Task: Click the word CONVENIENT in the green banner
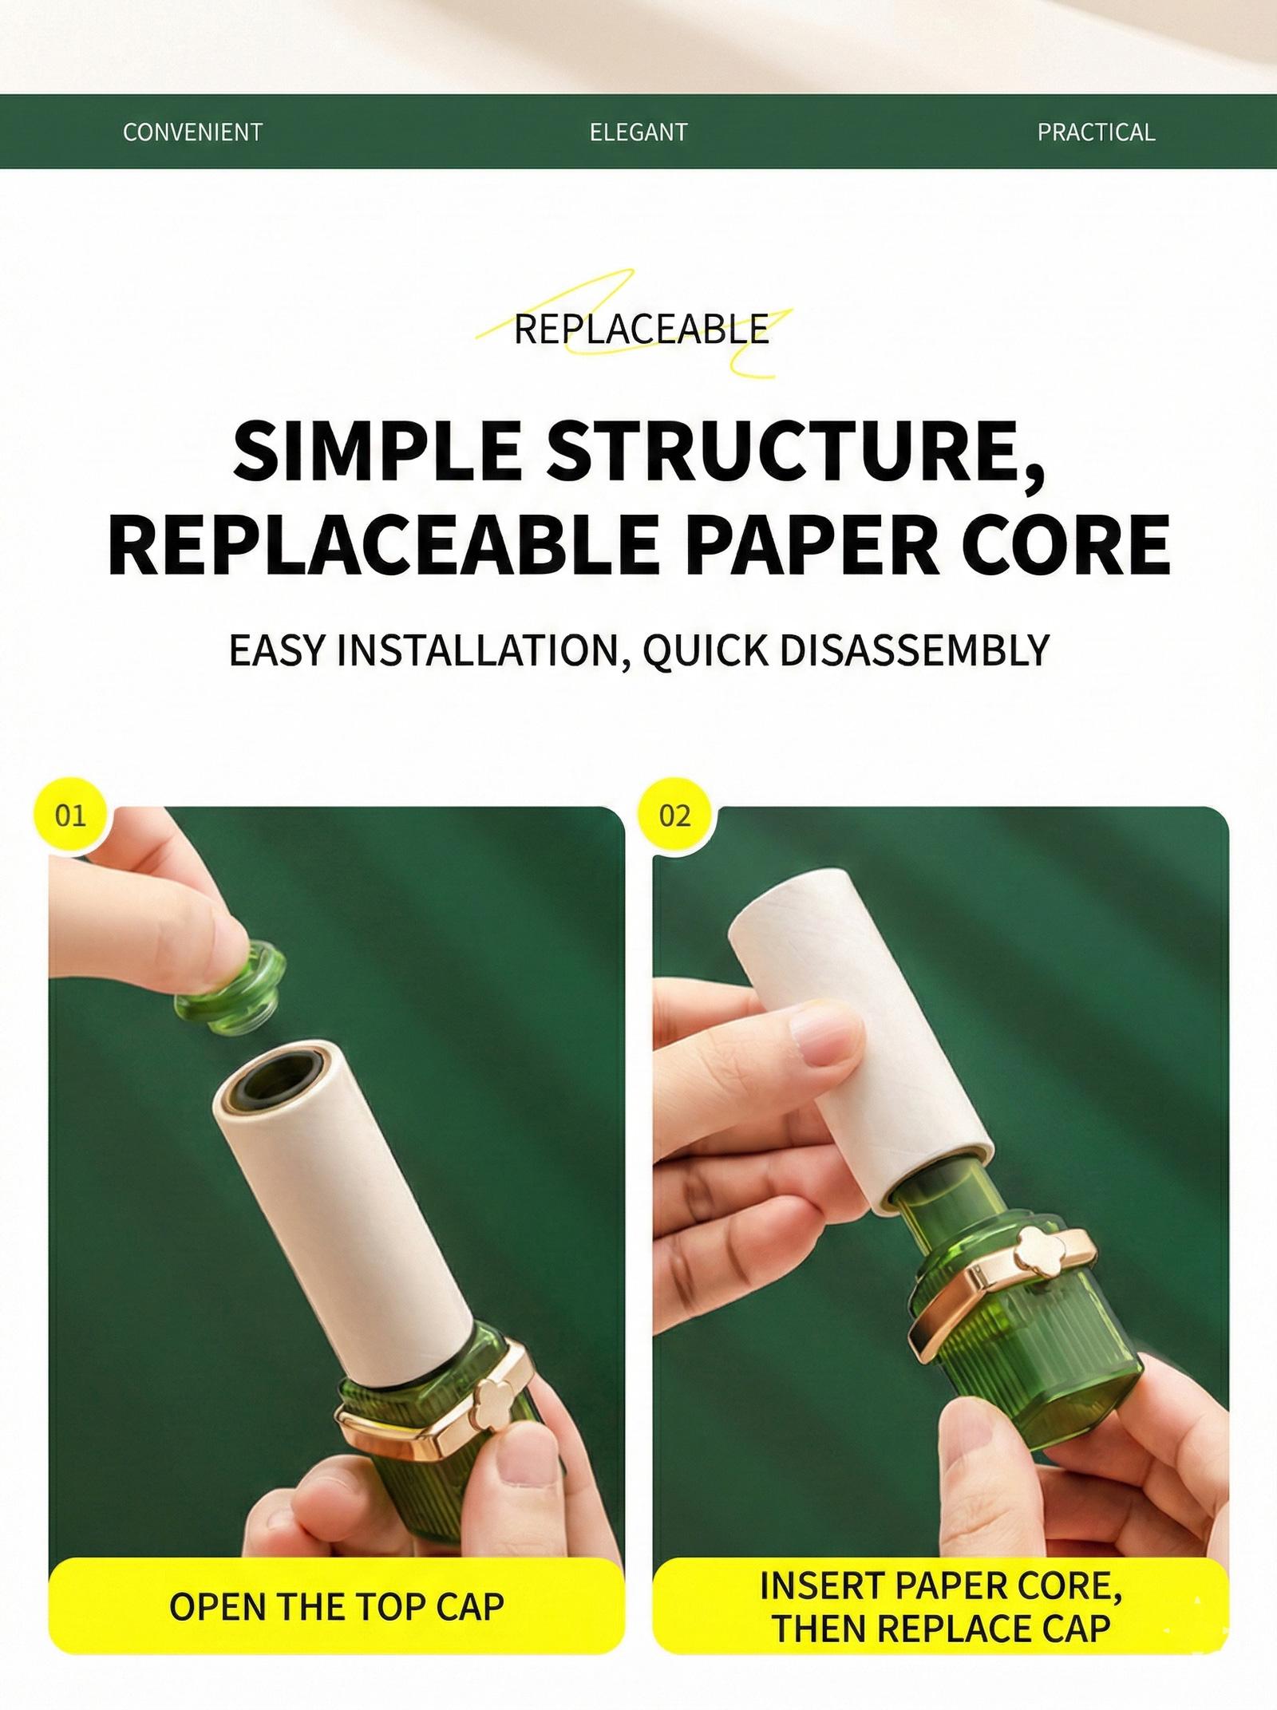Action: tap(192, 132)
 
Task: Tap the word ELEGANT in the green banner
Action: tap(638, 132)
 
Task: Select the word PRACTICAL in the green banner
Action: tap(1096, 132)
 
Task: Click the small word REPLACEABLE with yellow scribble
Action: tap(641, 330)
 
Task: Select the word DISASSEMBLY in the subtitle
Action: tap(912, 650)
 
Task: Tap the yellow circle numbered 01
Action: tap(70, 816)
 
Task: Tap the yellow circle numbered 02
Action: tap(674, 816)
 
